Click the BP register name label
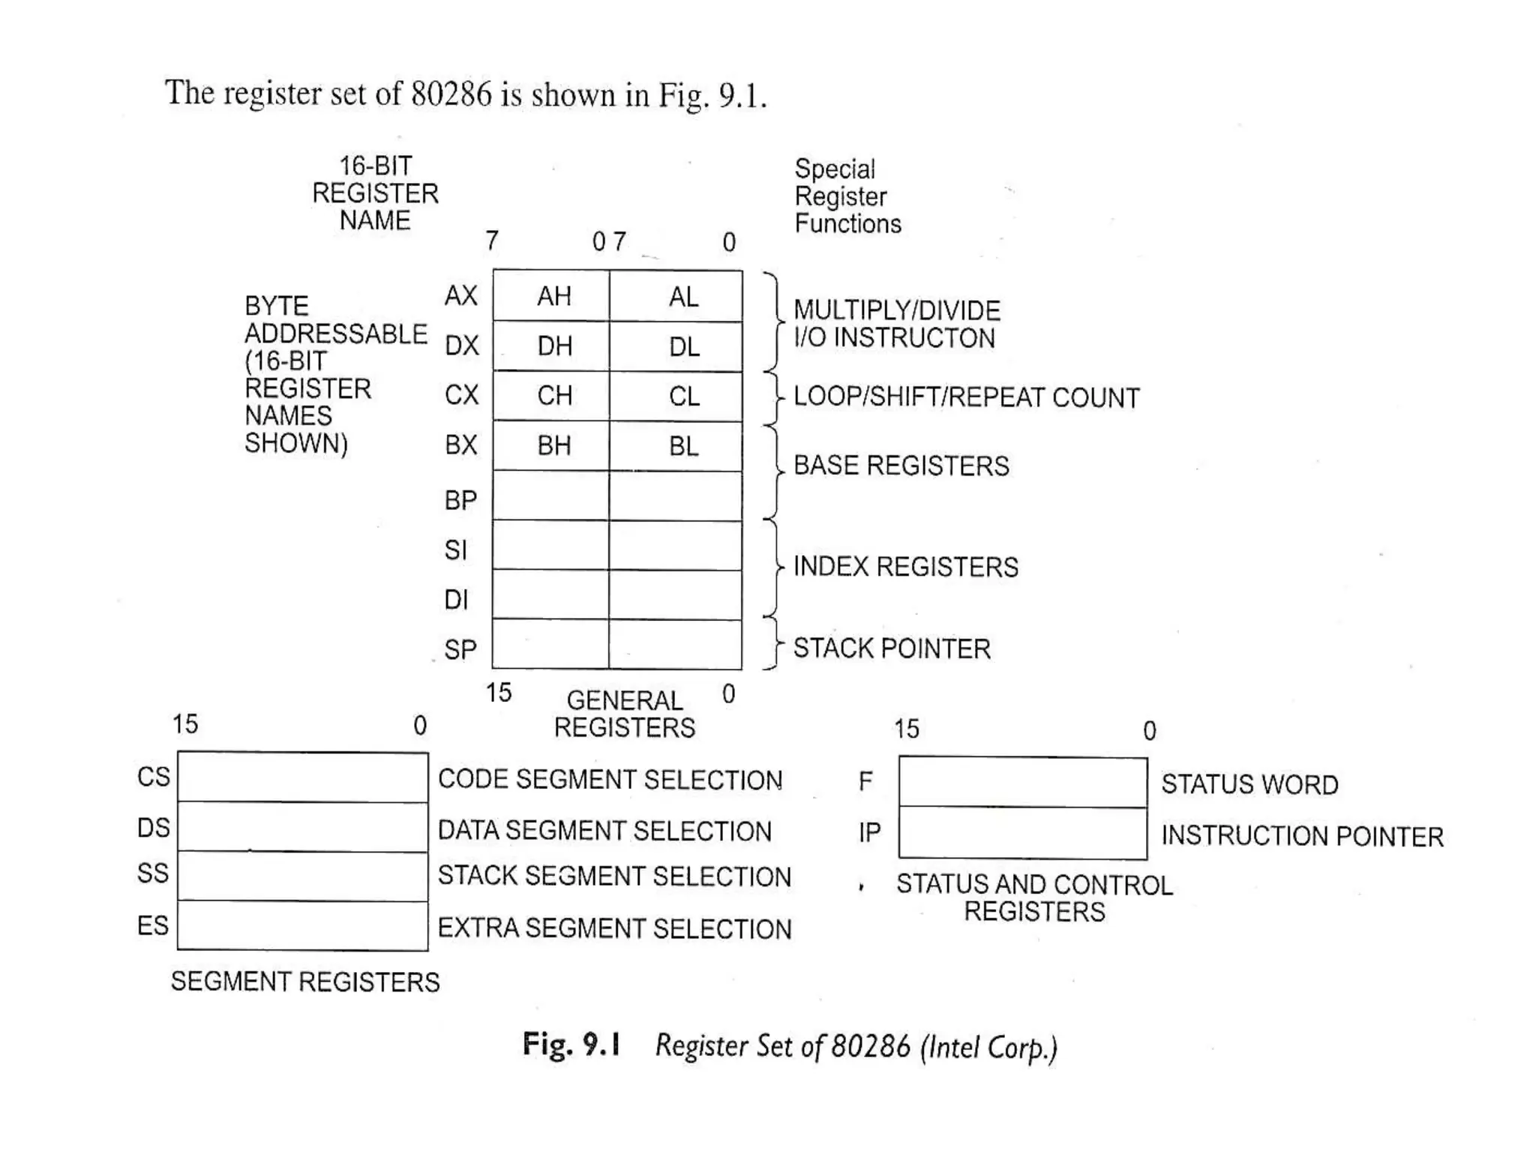[460, 500]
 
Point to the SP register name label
[460, 649]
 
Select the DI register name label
[456, 600]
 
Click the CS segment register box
[302, 777]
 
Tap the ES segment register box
[302, 925]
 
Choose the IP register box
[1022, 833]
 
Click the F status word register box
[1022, 782]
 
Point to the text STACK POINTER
[892, 649]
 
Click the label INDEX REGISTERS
[905, 567]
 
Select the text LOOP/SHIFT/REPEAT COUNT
[966, 397]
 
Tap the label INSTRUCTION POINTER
[1302, 836]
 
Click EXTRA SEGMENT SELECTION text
[614, 928]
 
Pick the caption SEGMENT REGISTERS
[305, 982]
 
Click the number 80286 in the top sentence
[451, 94]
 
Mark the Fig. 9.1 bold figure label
[571, 1044]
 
